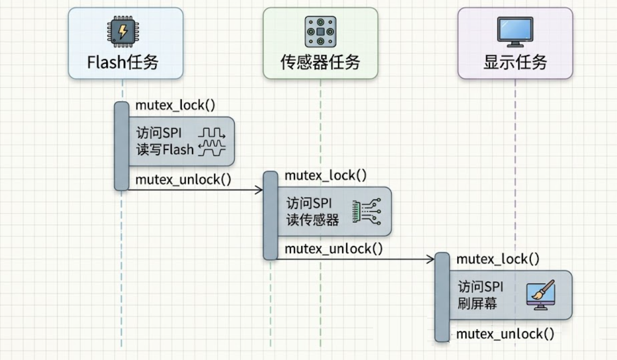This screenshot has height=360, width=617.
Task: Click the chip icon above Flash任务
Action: [x=123, y=32]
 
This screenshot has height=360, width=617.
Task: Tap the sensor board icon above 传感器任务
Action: [x=320, y=32]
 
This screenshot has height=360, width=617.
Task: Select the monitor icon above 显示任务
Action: [x=515, y=32]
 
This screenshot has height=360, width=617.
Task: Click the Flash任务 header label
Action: [x=123, y=62]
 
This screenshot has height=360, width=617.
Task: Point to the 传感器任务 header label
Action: [x=320, y=62]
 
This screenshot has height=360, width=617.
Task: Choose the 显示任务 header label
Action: [x=515, y=62]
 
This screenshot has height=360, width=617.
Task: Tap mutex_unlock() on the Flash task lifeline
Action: [x=183, y=179]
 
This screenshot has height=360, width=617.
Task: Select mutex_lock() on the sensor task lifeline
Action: [x=325, y=175]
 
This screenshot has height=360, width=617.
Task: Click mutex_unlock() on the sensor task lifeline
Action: [x=333, y=249]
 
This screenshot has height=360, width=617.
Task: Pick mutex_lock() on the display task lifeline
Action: [x=497, y=259]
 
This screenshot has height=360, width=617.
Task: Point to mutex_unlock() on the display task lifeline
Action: [x=505, y=334]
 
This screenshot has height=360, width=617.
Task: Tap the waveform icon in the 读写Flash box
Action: [x=212, y=141]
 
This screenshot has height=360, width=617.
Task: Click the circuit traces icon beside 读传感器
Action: [x=366, y=211]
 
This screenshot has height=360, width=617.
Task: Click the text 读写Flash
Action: [x=165, y=149]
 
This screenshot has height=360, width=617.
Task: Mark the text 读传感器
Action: [x=313, y=220]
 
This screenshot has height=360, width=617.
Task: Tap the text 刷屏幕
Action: [x=477, y=304]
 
